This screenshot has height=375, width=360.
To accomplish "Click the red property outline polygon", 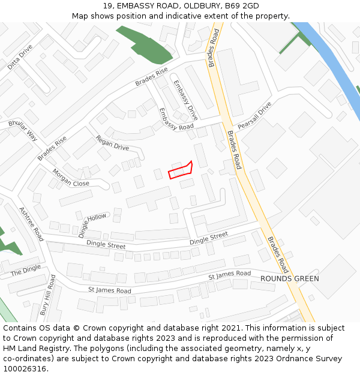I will click(x=181, y=170).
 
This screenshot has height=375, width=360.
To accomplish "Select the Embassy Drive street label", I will click(x=185, y=100).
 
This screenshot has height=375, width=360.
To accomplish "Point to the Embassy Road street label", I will click(x=176, y=119).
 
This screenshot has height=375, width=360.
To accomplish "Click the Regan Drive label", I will click(x=112, y=143).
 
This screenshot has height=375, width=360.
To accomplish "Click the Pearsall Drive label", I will click(x=254, y=116).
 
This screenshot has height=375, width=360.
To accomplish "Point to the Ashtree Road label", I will click(x=31, y=224).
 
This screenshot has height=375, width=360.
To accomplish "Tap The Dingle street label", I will click(x=26, y=271).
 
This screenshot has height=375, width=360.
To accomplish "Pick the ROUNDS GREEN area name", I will click(x=289, y=279).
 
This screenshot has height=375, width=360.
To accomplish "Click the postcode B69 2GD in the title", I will click(x=242, y=6).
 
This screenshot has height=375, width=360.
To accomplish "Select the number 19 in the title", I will click(x=107, y=6).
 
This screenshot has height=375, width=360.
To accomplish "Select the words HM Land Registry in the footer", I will click(x=35, y=348).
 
